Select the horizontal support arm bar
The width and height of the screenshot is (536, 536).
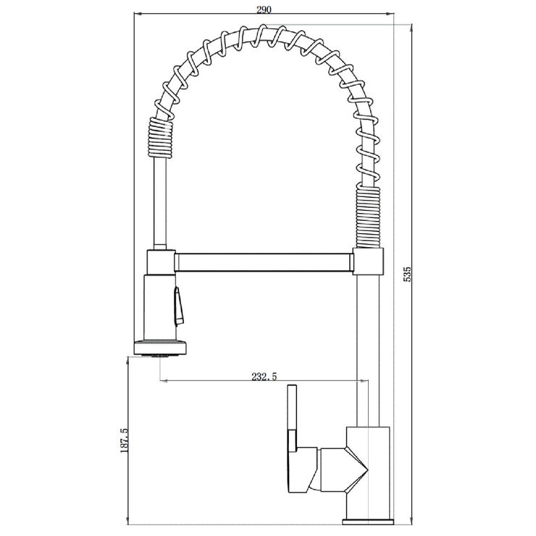tap(264, 261)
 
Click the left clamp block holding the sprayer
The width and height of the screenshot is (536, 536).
tap(160, 261)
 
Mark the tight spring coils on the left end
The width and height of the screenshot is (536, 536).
tap(161, 138)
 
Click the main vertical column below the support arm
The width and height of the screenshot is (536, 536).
tap(369, 340)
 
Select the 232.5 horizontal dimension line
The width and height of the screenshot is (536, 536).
tap(217, 382)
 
